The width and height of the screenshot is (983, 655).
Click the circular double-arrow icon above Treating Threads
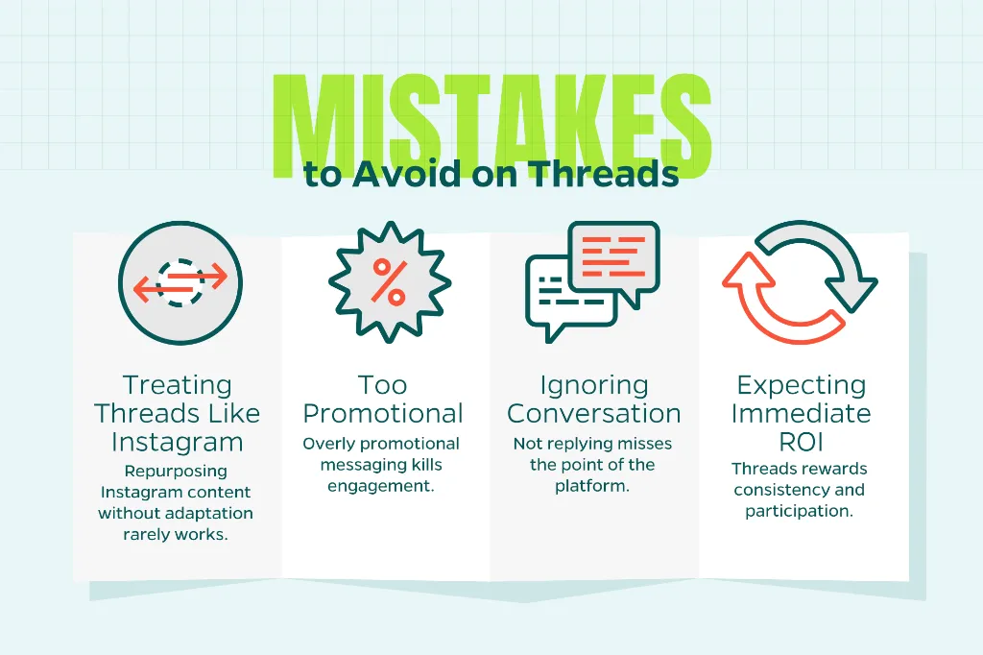coord(180,280)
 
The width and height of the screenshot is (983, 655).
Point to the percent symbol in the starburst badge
coord(389,280)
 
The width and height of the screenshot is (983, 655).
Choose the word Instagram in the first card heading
coord(179,442)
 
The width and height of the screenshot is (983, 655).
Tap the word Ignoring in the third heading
coord(594,386)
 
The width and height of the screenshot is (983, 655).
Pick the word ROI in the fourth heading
coord(800,442)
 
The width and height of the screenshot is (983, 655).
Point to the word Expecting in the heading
coord(801,386)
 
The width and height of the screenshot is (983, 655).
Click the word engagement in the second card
coord(381,486)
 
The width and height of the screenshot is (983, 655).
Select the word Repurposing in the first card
coord(176,472)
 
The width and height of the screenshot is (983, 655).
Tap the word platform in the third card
coord(593,486)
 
